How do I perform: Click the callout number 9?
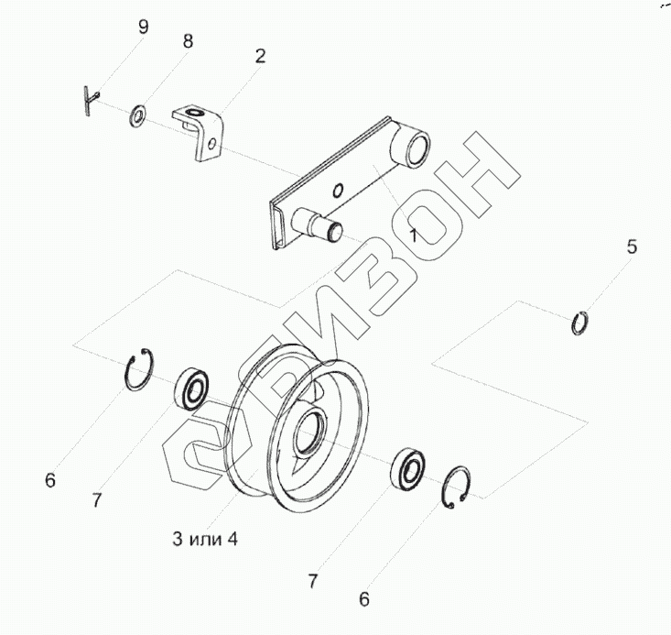(142, 27)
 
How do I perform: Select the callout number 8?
(188, 41)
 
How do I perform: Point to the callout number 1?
(413, 235)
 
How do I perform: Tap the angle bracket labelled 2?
(200, 128)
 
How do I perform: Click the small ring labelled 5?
(579, 323)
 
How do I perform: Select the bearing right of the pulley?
(407, 468)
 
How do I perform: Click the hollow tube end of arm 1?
(415, 148)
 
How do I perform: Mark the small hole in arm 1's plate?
(339, 191)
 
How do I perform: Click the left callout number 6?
(50, 479)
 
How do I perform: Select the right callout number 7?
(312, 581)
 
